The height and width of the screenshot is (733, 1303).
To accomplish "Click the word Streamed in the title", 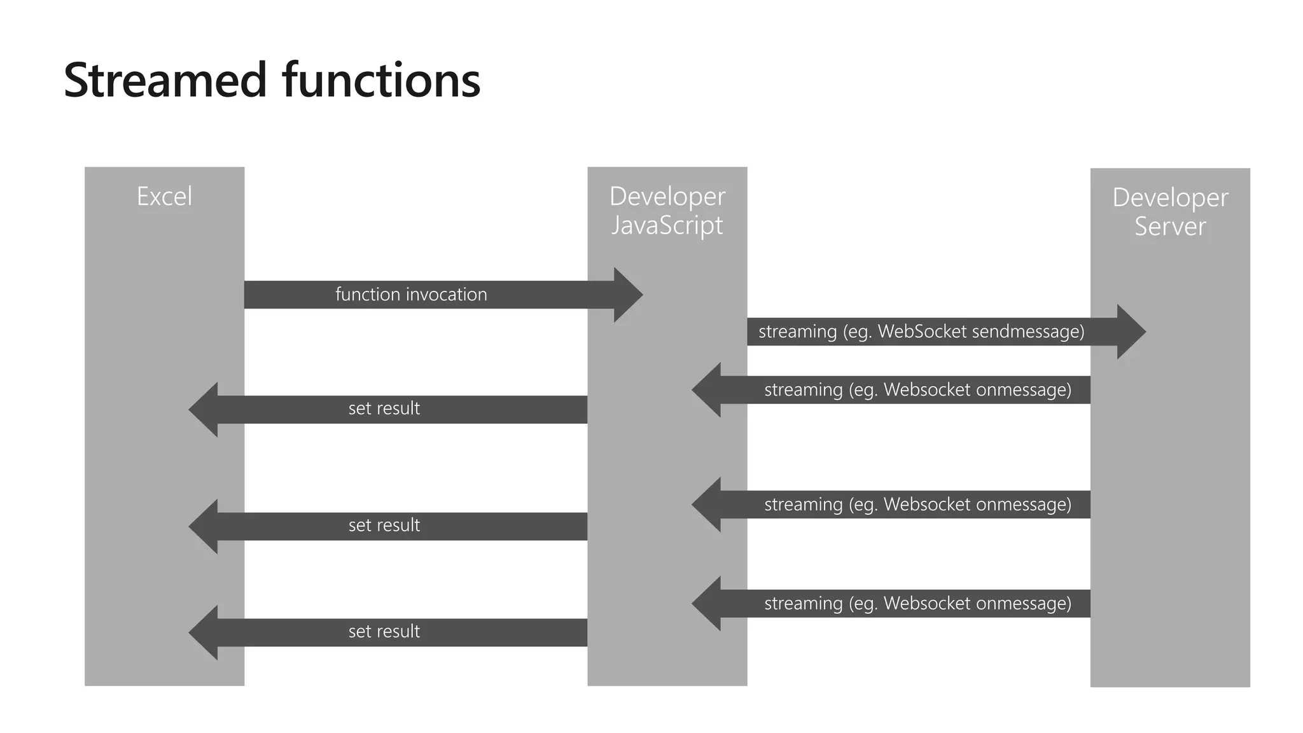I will pyautogui.click(x=165, y=81).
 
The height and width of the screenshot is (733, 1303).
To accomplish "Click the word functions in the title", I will pyautogui.click(x=381, y=81).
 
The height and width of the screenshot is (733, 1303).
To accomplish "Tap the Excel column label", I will pyautogui.click(x=164, y=196).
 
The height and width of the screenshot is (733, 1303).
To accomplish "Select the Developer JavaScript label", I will pyautogui.click(x=667, y=211).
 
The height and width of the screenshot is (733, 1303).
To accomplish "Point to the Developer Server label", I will pyautogui.click(x=1169, y=212).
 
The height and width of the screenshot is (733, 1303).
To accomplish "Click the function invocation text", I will pyautogui.click(x=411, y=295).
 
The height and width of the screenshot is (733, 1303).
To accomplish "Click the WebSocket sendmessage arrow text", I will pyautogui.click(x=921, y=332).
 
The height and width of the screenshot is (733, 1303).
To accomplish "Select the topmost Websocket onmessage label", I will pyautogui.click(x=917, y=389).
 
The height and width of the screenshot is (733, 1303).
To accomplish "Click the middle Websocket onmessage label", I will pyautogui.click(x=917, y=505).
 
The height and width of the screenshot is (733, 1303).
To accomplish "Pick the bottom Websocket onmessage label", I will pyautogui.click(x=917, y=603).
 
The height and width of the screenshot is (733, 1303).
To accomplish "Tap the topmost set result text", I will pyautogui.click(x=384, y=408).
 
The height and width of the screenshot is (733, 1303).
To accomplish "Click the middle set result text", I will pyautogui.click(x=384, y=526).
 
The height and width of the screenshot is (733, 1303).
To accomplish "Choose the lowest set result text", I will pyautogui.click(x=384, y=632).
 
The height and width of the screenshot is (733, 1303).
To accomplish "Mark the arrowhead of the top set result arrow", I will pyautogui.click(x=204, y=409).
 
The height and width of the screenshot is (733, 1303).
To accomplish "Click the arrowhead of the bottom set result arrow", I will pyautogui.click(x=204, y=632).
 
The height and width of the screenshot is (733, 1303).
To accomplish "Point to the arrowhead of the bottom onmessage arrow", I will pyautogui.click(x=707, y=603).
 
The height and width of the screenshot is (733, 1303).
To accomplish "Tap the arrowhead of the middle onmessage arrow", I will pyautogui.click(x=707, y=505).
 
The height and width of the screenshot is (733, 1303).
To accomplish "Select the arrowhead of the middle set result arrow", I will pyautogui.click(x=204, y=526).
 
